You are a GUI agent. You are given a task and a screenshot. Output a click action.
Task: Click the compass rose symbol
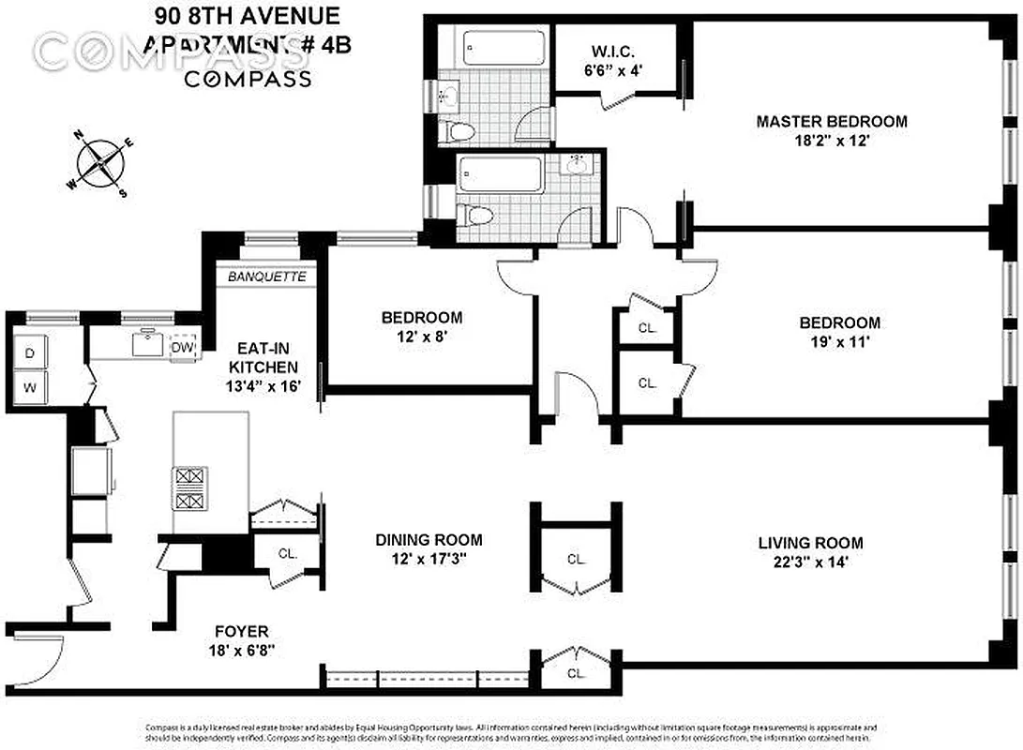100,163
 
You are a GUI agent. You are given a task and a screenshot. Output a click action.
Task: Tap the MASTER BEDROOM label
832,121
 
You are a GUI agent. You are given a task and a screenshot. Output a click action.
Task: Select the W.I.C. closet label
614,52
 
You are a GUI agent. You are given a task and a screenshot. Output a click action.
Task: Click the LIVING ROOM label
810,543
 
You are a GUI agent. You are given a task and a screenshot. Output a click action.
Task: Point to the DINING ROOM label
429,540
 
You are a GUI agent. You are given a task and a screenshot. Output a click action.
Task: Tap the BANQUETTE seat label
267,277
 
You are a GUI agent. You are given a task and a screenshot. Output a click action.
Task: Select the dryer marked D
29,353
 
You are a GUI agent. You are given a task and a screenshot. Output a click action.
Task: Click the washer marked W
29,384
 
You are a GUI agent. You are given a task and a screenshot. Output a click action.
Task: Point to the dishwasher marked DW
183,347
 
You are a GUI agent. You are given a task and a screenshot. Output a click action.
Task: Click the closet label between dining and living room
576,560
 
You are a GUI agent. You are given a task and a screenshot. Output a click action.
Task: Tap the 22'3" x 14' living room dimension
810,562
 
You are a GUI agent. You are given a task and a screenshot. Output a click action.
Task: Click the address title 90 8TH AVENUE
247,15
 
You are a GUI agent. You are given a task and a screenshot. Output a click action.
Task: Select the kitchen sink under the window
148,343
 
